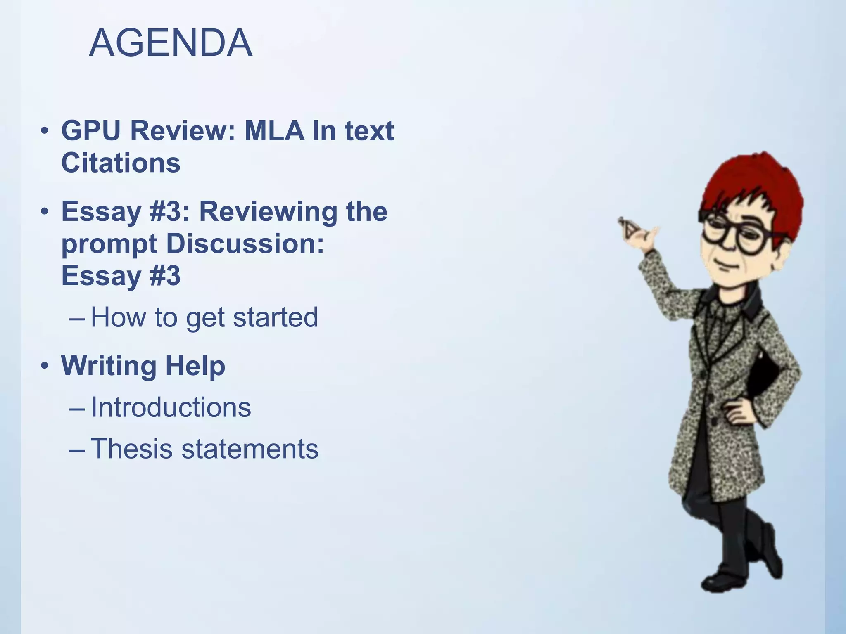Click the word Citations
click(121, 163)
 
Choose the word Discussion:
click(245, 244)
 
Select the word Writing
click(109, 366)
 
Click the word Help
click(195, 366)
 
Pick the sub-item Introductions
click(171, 407)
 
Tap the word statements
click(250, 449)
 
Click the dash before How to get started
click(77, 318)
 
